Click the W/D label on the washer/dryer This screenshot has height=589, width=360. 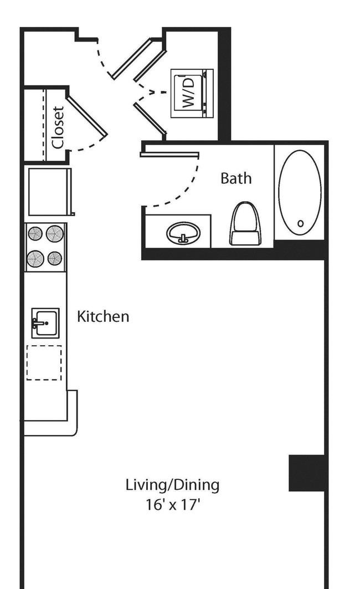(189, 93)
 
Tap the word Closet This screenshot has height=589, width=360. (59, 127)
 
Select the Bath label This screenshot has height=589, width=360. (236, 178)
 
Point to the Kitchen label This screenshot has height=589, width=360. (103, 316)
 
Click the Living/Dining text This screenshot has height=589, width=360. (172, 485)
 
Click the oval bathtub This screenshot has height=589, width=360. (300, 192)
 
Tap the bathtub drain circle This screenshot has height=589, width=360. (300, 223)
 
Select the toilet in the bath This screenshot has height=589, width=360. (245, 223)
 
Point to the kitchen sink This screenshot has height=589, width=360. (45, 323)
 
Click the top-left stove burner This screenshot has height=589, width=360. (35, 234)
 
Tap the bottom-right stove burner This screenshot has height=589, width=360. (55, 258)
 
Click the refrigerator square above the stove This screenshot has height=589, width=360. (50, 192)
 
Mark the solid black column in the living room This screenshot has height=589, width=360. (307, 473)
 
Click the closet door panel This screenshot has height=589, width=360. (87, 116)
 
